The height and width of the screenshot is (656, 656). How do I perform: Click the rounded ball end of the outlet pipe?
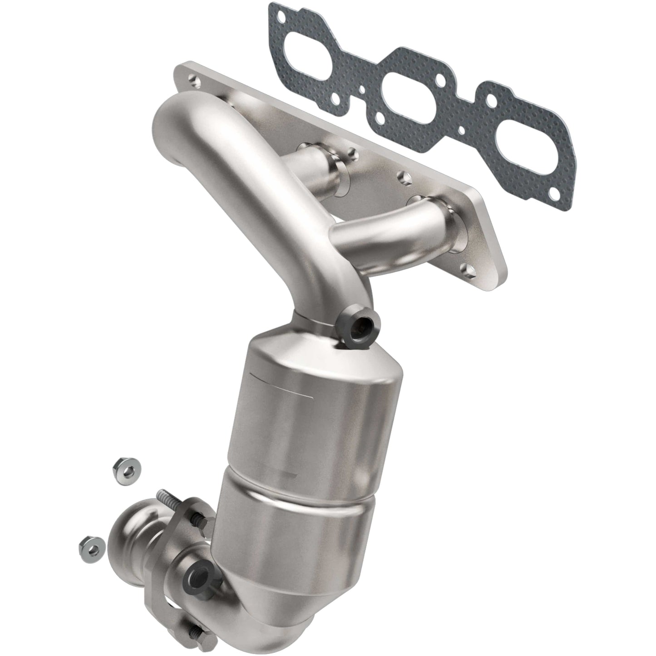tap(129, 543)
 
